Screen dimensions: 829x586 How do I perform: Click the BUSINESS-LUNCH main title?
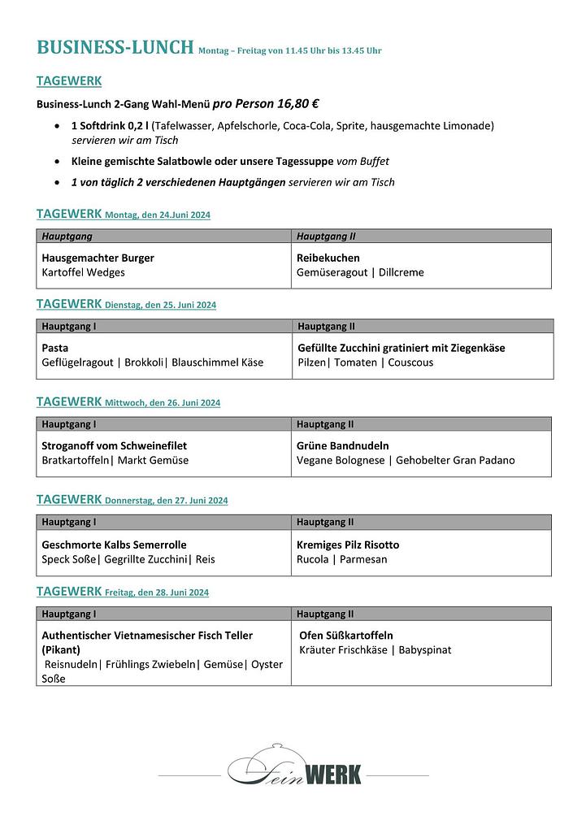point(115,47)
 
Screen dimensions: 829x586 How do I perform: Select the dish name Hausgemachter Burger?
point(98,258)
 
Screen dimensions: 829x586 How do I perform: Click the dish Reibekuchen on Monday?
point(328,258)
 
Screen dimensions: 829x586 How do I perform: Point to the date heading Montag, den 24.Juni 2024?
point(158,215)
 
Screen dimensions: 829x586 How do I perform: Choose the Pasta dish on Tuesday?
point(55,348)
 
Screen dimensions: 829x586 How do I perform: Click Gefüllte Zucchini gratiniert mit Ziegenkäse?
point(402,348)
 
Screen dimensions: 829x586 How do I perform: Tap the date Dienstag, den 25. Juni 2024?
point(160,305)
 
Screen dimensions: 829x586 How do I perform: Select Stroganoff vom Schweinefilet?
point(114,445)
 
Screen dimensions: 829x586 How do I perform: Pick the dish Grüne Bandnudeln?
point(342,445)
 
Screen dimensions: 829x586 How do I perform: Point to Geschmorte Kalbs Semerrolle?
point(114,545)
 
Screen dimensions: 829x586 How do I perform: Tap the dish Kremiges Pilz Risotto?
point(348,545)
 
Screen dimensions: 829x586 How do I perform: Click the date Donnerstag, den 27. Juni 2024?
point(166,501)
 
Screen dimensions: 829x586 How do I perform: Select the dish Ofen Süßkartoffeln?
point(346,636)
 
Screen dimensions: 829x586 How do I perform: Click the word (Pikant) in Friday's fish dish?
point(61,650)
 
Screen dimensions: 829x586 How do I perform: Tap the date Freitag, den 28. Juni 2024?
point(156,592)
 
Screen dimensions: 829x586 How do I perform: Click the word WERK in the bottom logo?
point(332,775)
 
